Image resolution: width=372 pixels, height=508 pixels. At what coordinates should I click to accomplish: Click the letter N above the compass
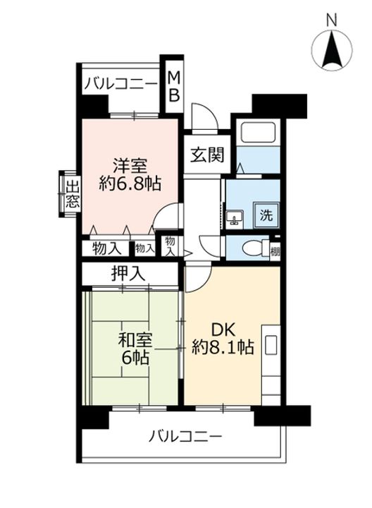coord(332,20)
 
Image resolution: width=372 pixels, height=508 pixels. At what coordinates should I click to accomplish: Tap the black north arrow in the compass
coord(332,49)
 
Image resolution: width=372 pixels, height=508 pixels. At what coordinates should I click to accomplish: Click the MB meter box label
coord(174,86)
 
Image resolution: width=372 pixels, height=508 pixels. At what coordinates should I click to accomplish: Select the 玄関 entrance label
coord(207,155)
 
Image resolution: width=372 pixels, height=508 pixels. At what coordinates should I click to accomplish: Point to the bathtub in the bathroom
coord(258,132)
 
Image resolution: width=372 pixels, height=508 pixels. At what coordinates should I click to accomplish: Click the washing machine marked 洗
coord(266,214)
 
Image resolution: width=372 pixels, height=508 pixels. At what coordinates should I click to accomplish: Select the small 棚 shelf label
coord(275,251)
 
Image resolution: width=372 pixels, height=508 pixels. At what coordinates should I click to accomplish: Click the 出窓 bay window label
coord(72,195)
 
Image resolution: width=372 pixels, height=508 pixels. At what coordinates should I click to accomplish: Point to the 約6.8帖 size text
coord(130,184)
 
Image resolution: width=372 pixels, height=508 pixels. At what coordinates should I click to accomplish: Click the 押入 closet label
coord(128,274)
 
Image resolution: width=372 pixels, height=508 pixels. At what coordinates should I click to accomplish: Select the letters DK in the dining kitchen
coord(223,331)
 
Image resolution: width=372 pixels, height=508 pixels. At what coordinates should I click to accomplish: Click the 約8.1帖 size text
coord(223,348)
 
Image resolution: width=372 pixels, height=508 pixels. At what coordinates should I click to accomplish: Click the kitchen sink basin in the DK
coord(271,345)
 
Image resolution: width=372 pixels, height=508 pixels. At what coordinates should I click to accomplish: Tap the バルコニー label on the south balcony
coord(186,437)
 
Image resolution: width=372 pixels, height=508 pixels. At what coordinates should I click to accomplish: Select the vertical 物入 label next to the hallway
coord(170,246)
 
